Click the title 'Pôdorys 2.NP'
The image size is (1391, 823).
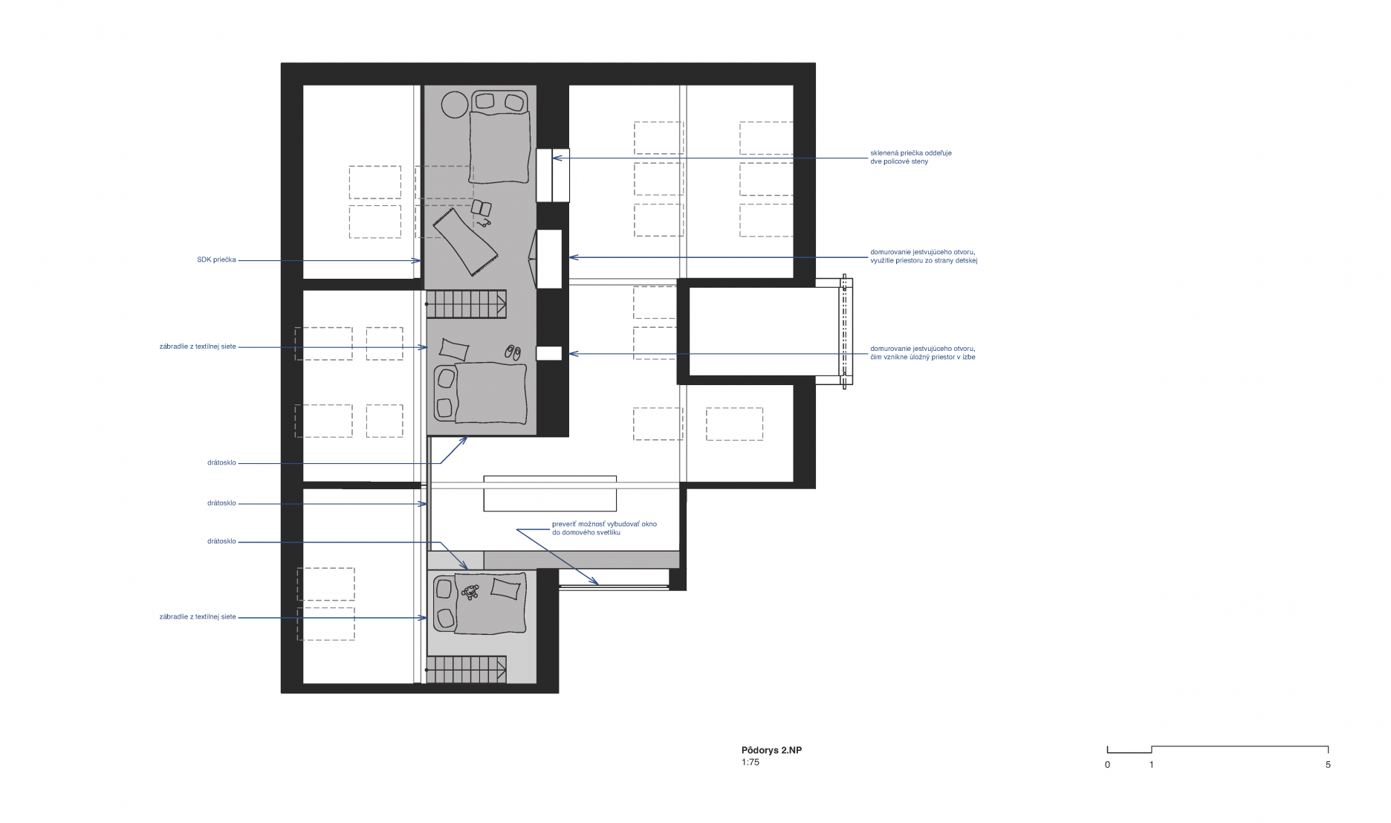coord(771,750)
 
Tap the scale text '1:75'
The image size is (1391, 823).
coord(750,762)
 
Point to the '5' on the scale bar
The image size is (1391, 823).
coord(1328,764)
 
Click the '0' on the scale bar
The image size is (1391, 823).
coord(1107,764)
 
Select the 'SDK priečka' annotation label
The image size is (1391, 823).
coord(216,259)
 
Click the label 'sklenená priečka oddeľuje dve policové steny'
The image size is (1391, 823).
coord(911,157)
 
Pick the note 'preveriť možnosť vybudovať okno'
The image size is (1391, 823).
coord(604,524)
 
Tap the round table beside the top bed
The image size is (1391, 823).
coord(455,105)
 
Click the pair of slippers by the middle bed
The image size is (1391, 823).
coord(513,352)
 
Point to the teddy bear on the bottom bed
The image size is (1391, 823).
coord(470,592)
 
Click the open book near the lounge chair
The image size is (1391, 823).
coord(481,208)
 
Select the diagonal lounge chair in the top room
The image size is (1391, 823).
coord(465,242)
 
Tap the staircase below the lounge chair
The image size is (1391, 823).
coord(467,304)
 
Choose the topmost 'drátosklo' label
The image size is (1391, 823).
coord(221,462)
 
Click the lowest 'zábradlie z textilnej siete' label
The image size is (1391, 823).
coord(198,616)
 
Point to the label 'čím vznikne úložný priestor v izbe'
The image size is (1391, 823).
coord(923,357)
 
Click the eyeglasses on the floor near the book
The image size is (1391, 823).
coord(484,222)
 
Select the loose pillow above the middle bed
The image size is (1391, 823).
coord(455,349)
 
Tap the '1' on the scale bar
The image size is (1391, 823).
coord(1152,764)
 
